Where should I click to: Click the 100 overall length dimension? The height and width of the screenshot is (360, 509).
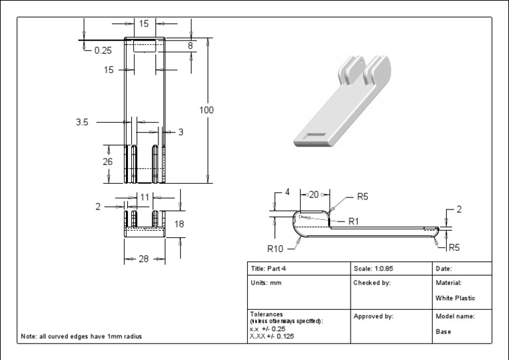coord(207,110)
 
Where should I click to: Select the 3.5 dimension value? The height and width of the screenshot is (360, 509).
coord(82,122)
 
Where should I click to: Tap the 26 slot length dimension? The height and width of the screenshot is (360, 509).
coord(108,162)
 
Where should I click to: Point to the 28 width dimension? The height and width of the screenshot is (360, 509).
coord(142,259)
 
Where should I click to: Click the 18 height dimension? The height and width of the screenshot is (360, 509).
coord(179,224)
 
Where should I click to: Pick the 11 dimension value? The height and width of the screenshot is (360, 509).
coord(144,197)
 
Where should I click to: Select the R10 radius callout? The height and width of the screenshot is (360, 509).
coord(276,249)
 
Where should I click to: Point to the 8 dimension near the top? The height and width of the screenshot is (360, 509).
coord(190,46)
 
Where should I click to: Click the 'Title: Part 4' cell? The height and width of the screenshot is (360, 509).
coord(268,269)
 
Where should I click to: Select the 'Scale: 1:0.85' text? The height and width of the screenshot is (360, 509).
coord(374,269)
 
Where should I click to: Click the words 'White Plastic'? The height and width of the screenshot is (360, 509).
coord(455,298)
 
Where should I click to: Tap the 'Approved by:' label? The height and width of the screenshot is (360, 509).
coord(374,316)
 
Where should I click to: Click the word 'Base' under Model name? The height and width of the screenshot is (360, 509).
coord(443,331)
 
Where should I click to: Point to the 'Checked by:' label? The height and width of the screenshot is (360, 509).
coord(372,282)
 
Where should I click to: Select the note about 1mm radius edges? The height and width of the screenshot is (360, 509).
coord(82,336)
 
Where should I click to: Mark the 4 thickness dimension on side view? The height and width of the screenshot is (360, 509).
coord(287,192)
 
